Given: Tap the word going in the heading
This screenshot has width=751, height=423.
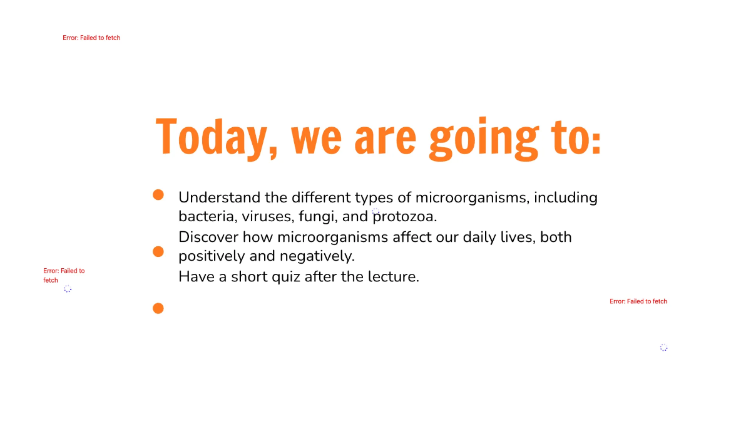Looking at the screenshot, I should [483, 138].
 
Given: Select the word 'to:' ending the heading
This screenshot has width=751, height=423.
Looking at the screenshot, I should [576, 137].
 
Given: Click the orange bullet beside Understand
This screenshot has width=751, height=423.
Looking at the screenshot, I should [158, 195].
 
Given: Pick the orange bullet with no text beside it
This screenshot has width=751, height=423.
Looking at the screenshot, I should [158, 308].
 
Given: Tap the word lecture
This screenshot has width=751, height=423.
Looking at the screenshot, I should [394, 276].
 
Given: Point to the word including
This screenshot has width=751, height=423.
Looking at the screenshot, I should [566, 197].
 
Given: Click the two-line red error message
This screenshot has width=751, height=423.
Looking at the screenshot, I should [64, 275].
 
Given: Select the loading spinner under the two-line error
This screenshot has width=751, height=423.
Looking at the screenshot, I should [68, 289].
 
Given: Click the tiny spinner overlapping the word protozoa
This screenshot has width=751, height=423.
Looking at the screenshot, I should [375, 212].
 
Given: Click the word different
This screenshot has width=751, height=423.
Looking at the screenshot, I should [321, 197].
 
